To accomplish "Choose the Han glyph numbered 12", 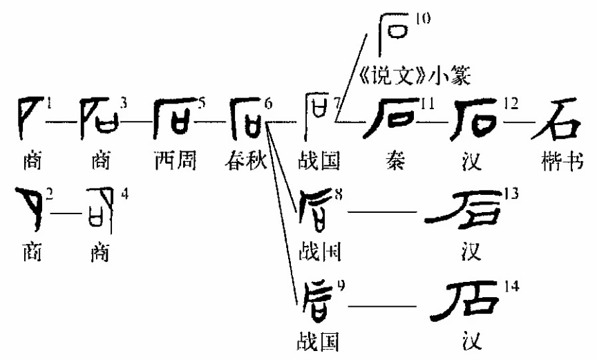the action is click(x=477, y=118).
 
